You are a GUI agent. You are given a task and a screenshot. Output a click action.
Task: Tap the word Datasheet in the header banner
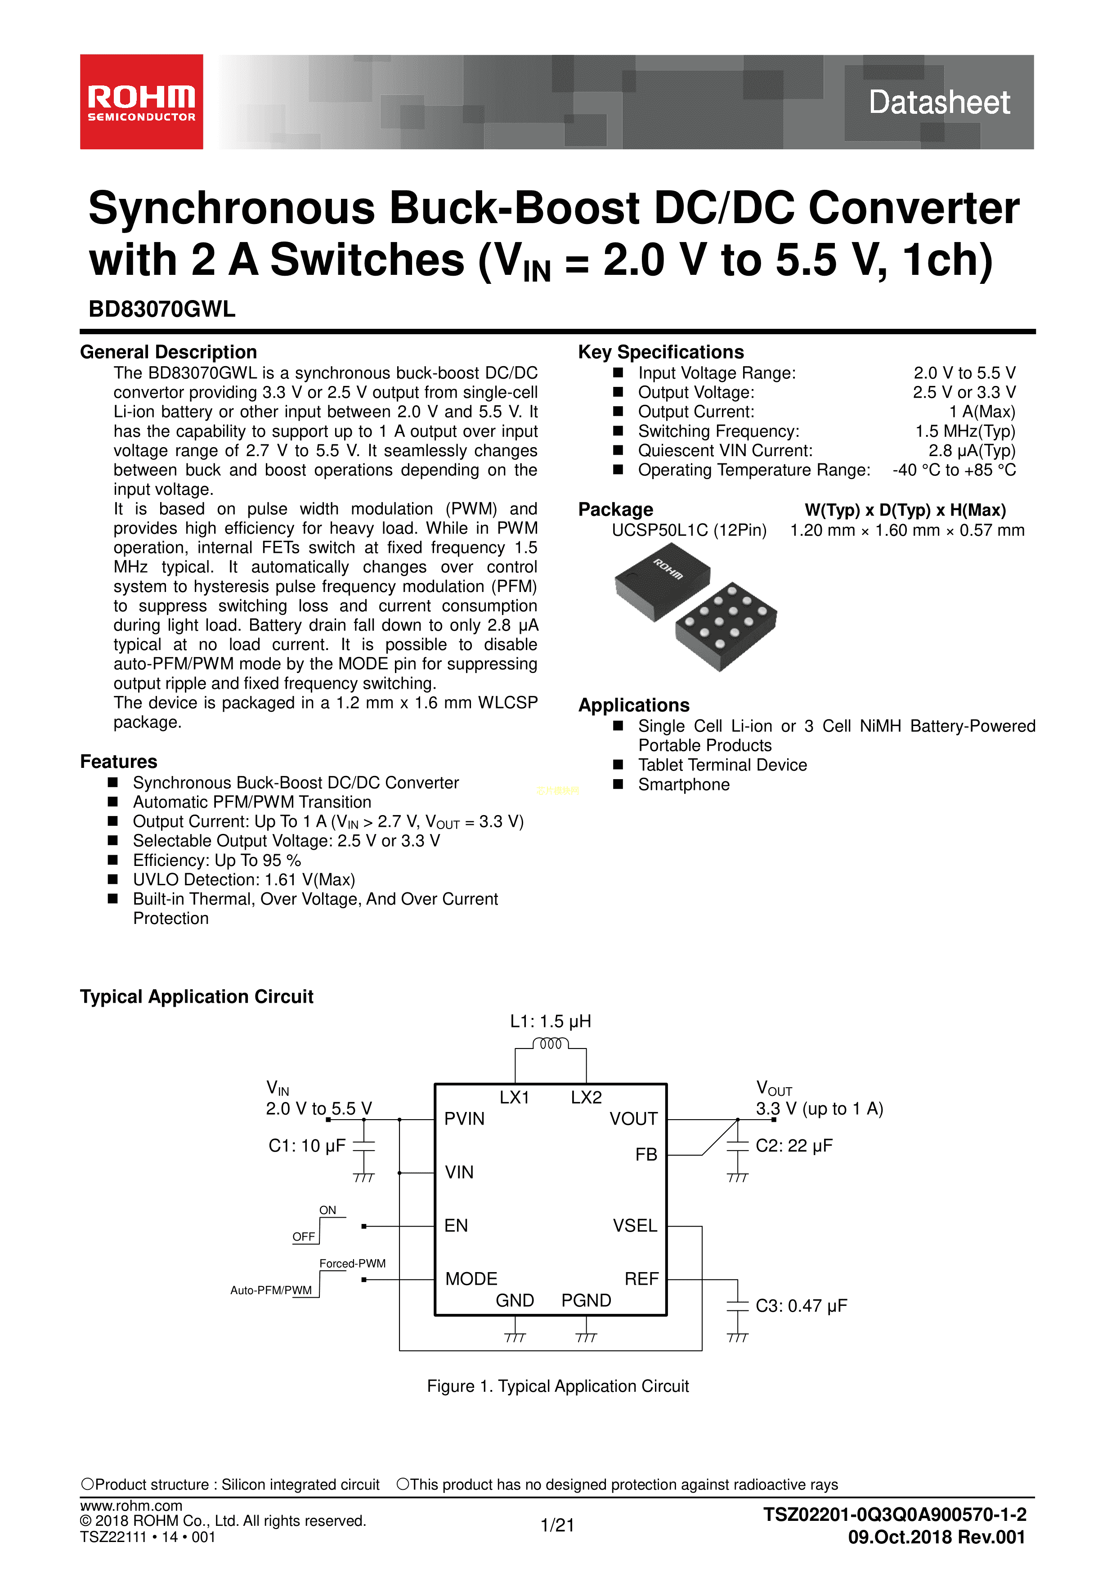click(x=939, y=103)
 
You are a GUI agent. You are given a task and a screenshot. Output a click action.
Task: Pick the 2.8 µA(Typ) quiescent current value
click(x=971, y=450)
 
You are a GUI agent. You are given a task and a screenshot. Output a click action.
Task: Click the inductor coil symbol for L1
click(x=551, y=1044)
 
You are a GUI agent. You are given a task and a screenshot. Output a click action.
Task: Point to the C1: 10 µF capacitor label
click(x=306, y=1146)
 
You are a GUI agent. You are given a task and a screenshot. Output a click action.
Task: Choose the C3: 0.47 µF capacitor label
click(x=801, y=1306)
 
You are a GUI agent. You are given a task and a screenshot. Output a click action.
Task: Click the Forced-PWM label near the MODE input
click(x=353, y=1263)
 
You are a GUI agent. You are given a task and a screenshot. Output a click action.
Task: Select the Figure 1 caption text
click(x=557, y=1386)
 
